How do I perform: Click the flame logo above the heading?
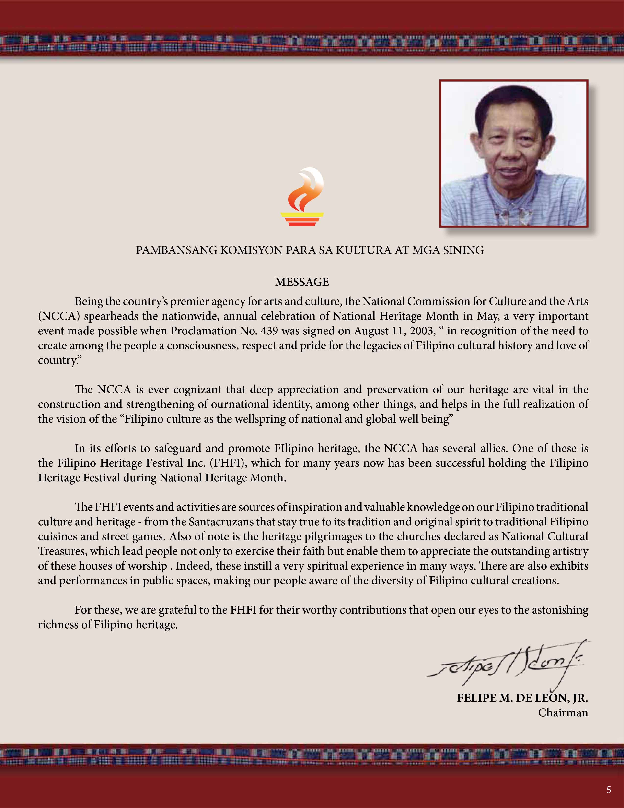click(x=302, y=197)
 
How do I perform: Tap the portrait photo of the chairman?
click(x=513, y=153)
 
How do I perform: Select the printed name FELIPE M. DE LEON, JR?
click(x=522, y=698)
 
